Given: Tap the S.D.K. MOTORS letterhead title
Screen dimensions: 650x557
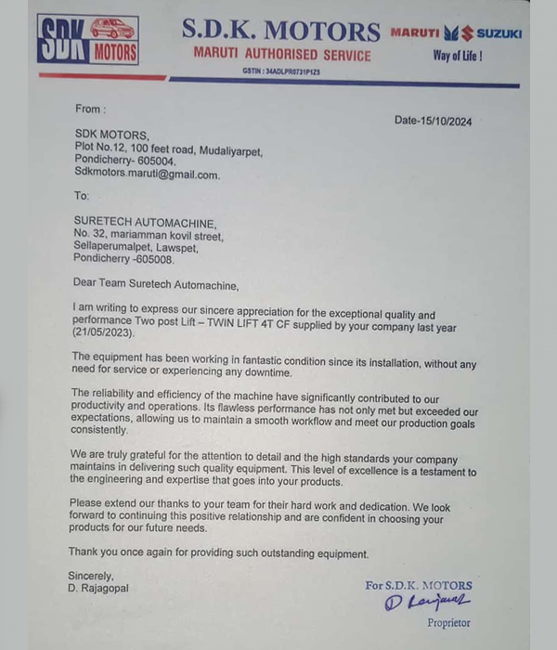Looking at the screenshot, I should (281, 31).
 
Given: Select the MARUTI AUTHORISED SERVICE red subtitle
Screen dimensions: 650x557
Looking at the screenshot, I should (281, 55).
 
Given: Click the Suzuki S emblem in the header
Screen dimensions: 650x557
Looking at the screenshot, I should (459, 33).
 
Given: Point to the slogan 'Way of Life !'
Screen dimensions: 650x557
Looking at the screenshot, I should (458, 56).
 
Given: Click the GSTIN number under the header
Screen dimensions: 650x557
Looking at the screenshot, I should (281, 71).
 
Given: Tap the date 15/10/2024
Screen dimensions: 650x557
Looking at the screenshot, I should (434, 120).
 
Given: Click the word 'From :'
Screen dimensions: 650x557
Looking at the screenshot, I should (89, 109).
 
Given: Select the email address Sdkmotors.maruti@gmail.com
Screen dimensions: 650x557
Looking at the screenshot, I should (147, 174).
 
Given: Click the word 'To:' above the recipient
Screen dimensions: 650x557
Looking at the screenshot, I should (82, 196).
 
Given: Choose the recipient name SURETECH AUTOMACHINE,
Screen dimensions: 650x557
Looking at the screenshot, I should (145, 223).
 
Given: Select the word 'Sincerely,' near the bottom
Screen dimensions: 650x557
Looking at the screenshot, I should (91, 576).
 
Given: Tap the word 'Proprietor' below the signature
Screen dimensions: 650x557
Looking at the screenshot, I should (448, 623).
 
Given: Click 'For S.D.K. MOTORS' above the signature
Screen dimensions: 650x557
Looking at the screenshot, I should (419, 585).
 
